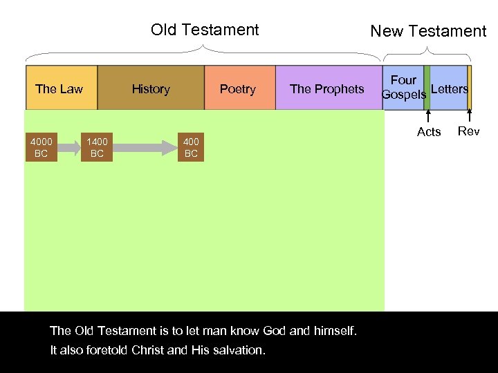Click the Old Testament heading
(x=205, y=30)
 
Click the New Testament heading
(x=428, y=31)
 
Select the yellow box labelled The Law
(x=61, y=88)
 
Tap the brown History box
(x=151, y=88)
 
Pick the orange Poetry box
(x=239, y=88)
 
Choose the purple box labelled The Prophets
(x=327, y=88)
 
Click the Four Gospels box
(x=403, y=77)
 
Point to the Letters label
(x=449, y=88)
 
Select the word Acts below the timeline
(x=429, y=132)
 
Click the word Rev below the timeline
(x=469, y=131)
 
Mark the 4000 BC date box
(x=41, y=148)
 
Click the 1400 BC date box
(x=97, y=148)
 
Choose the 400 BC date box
(x=191, y=148)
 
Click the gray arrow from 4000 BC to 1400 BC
(x=68, y=147)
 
